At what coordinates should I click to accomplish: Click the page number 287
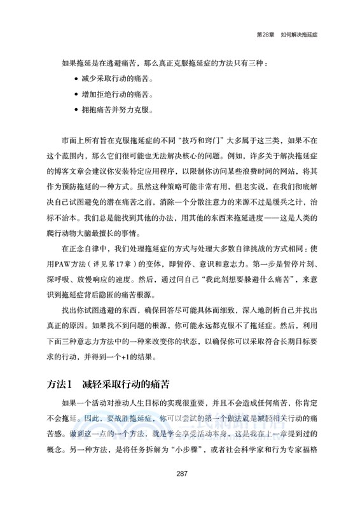point(180,490)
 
